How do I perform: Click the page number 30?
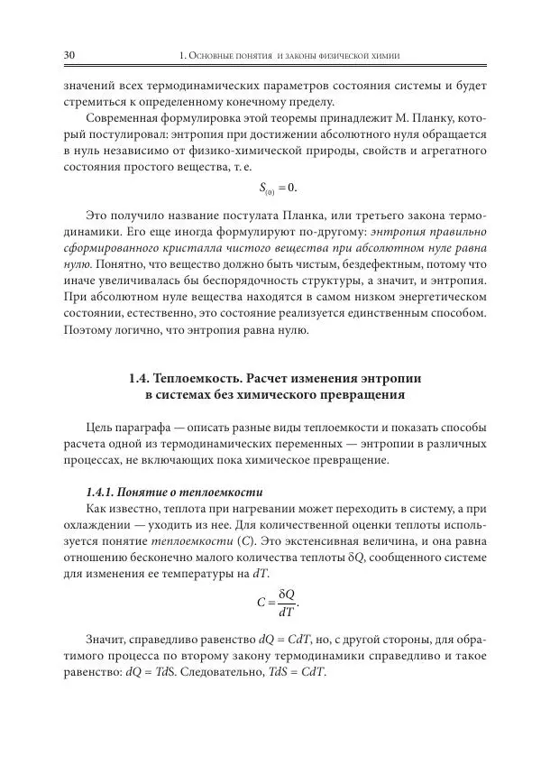[x=69, y=57]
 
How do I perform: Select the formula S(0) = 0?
[x=278, y=189]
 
